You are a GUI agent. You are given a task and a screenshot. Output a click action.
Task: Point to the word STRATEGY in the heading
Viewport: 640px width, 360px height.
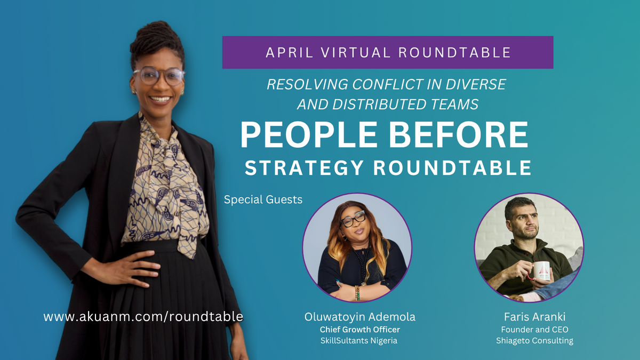point(304,167)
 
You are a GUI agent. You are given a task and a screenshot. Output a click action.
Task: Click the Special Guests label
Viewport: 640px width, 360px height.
point(263,200)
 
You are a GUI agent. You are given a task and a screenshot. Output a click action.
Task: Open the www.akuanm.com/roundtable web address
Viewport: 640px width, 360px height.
point(143,316)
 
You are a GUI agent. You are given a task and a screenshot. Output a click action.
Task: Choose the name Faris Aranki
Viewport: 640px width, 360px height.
point(529,317)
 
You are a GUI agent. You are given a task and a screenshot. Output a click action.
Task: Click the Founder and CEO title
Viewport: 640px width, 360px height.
point(529,330)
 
